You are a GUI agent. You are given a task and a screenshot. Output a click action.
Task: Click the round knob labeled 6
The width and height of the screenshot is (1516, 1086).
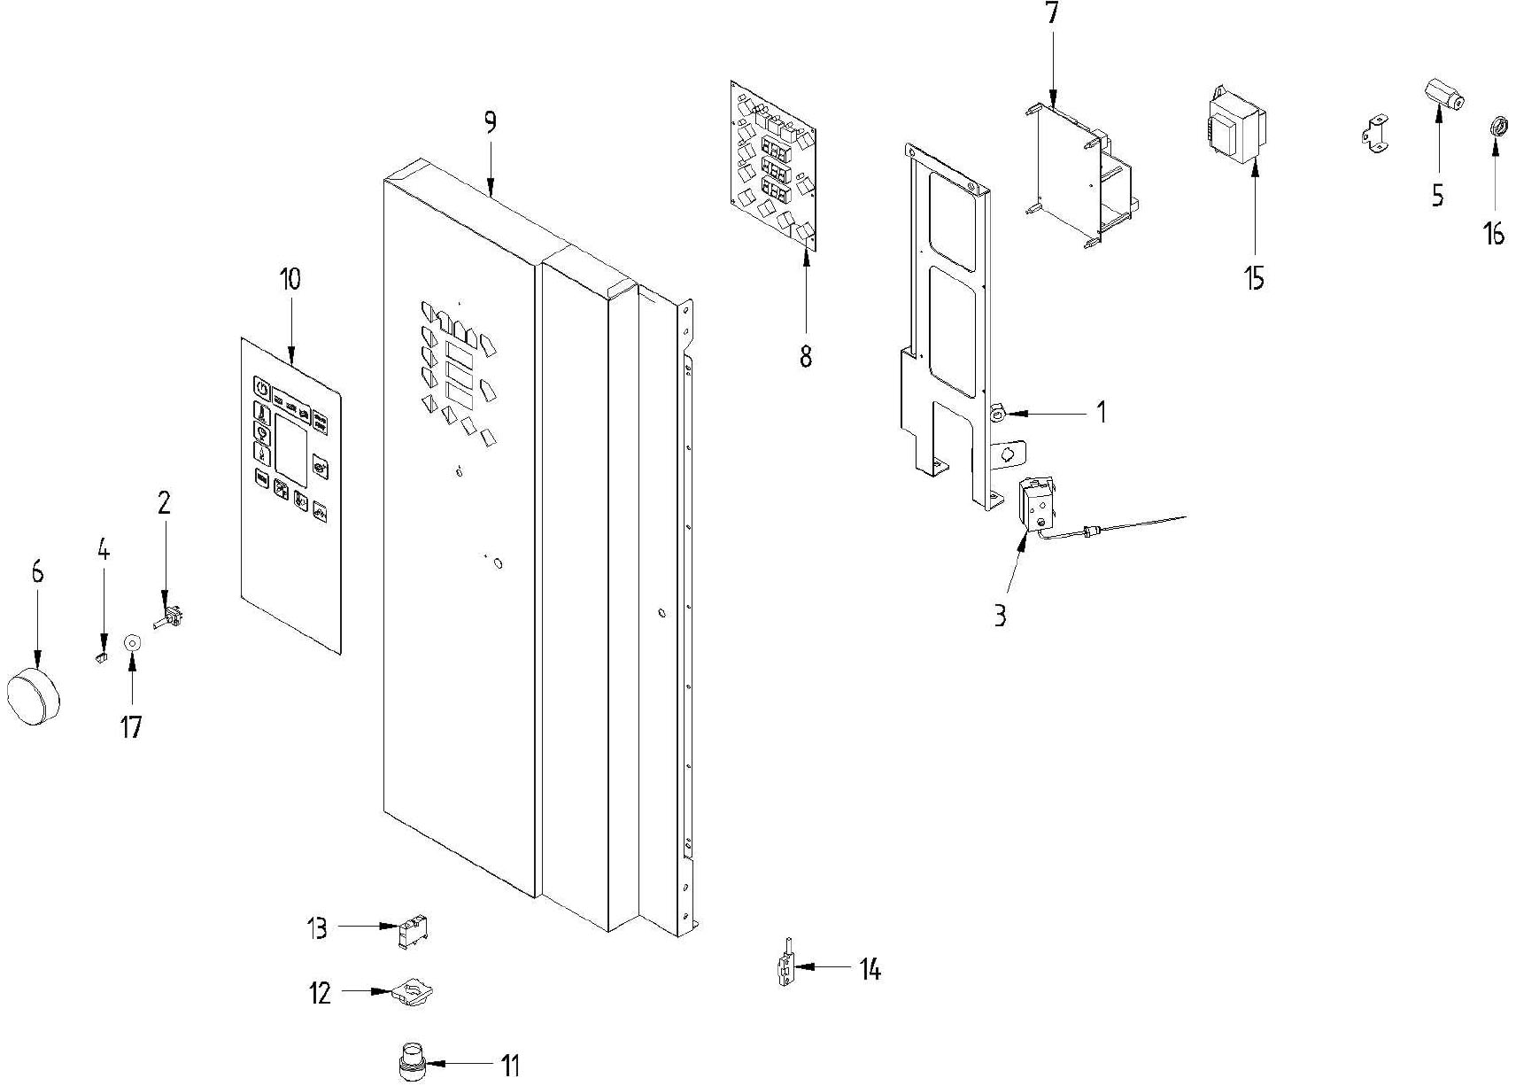(34, 696)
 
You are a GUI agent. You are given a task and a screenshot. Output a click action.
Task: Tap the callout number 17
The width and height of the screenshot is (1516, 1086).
(131, 727)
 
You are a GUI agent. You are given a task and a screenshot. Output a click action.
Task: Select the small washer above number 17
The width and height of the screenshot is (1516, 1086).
(132, 642)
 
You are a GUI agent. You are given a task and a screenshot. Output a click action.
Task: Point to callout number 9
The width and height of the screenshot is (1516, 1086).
(490, 122)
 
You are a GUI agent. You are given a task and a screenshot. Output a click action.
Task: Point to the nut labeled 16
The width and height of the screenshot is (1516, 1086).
(1494, 125)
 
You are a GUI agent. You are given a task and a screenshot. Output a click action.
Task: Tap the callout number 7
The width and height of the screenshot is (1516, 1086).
(1052, 15)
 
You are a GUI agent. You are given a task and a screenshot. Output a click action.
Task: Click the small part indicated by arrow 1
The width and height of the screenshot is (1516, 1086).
(997, 412)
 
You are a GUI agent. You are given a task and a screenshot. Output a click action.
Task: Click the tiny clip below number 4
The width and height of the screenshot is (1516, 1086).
(101, 657)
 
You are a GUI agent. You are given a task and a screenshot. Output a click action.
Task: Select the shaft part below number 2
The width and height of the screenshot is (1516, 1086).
(168, 617)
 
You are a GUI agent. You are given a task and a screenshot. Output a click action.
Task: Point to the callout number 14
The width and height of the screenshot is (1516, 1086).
(870, 970)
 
